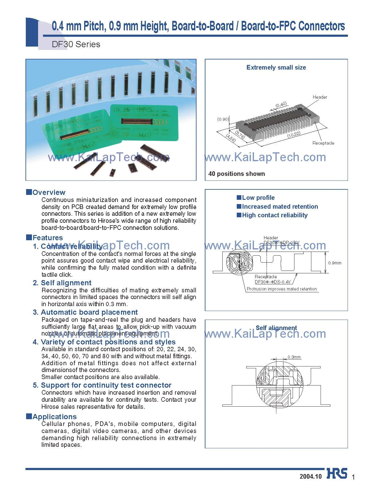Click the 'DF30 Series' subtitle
(76, 44)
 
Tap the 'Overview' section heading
(49, 192)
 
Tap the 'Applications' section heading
(54, 417)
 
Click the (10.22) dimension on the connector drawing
(294, 134)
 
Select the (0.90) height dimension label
(223, 119)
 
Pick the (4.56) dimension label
(230, 138)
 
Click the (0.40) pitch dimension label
(281, 105)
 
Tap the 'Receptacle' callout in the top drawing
(323, 143)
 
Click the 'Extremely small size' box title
(276, 67)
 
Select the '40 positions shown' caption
(236, 174)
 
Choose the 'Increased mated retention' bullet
(279, 207)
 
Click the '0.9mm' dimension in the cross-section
(335, 263)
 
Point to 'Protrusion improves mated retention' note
(282, 289)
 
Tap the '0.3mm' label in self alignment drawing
(294, 357)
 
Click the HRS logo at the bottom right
(337, 473)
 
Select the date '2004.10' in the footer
(310, 477)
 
